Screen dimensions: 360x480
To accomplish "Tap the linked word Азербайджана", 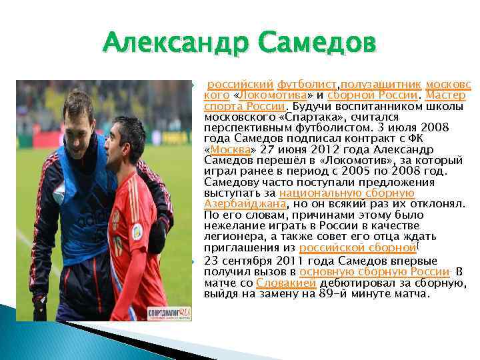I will click(245, 204).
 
